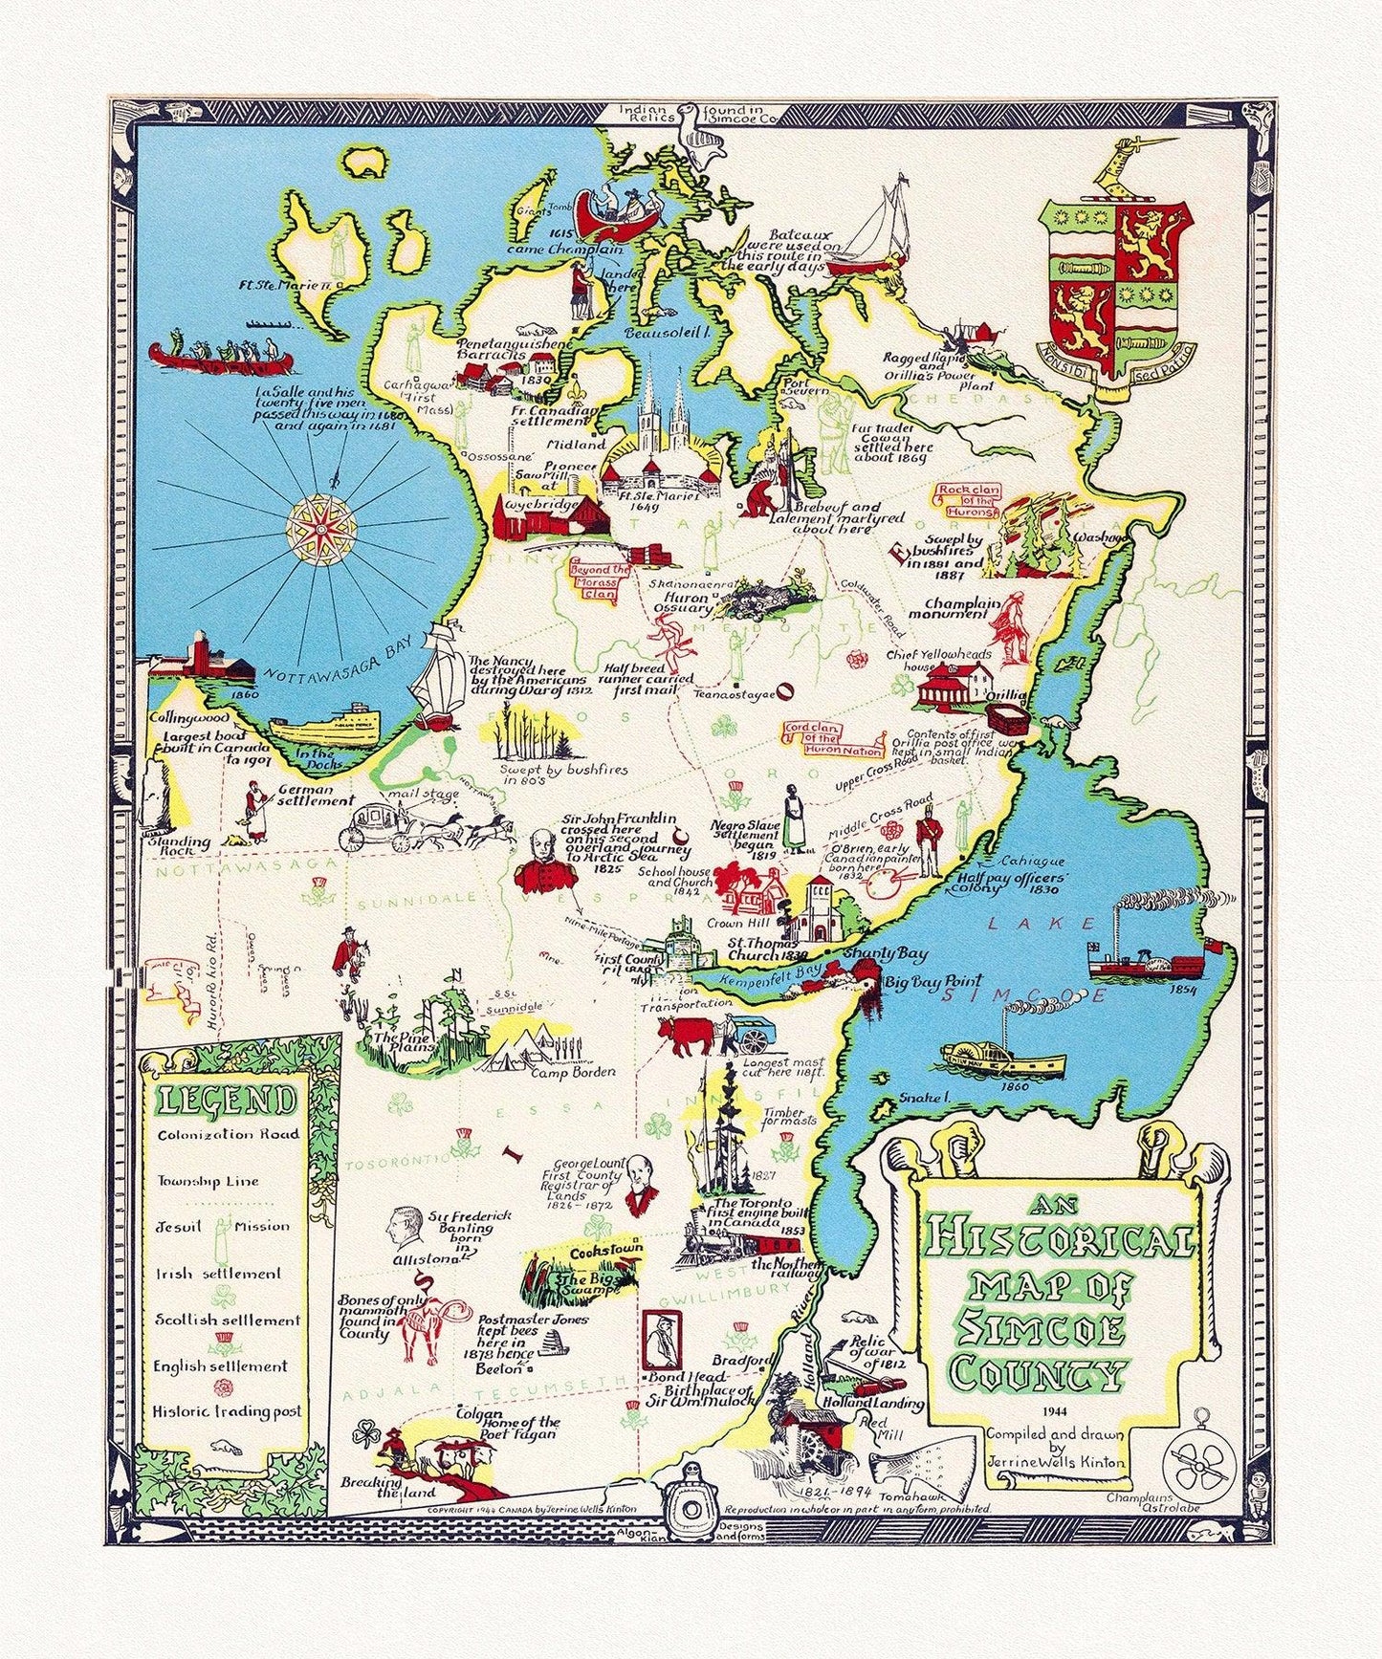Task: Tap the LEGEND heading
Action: click(x=227, y=1101)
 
